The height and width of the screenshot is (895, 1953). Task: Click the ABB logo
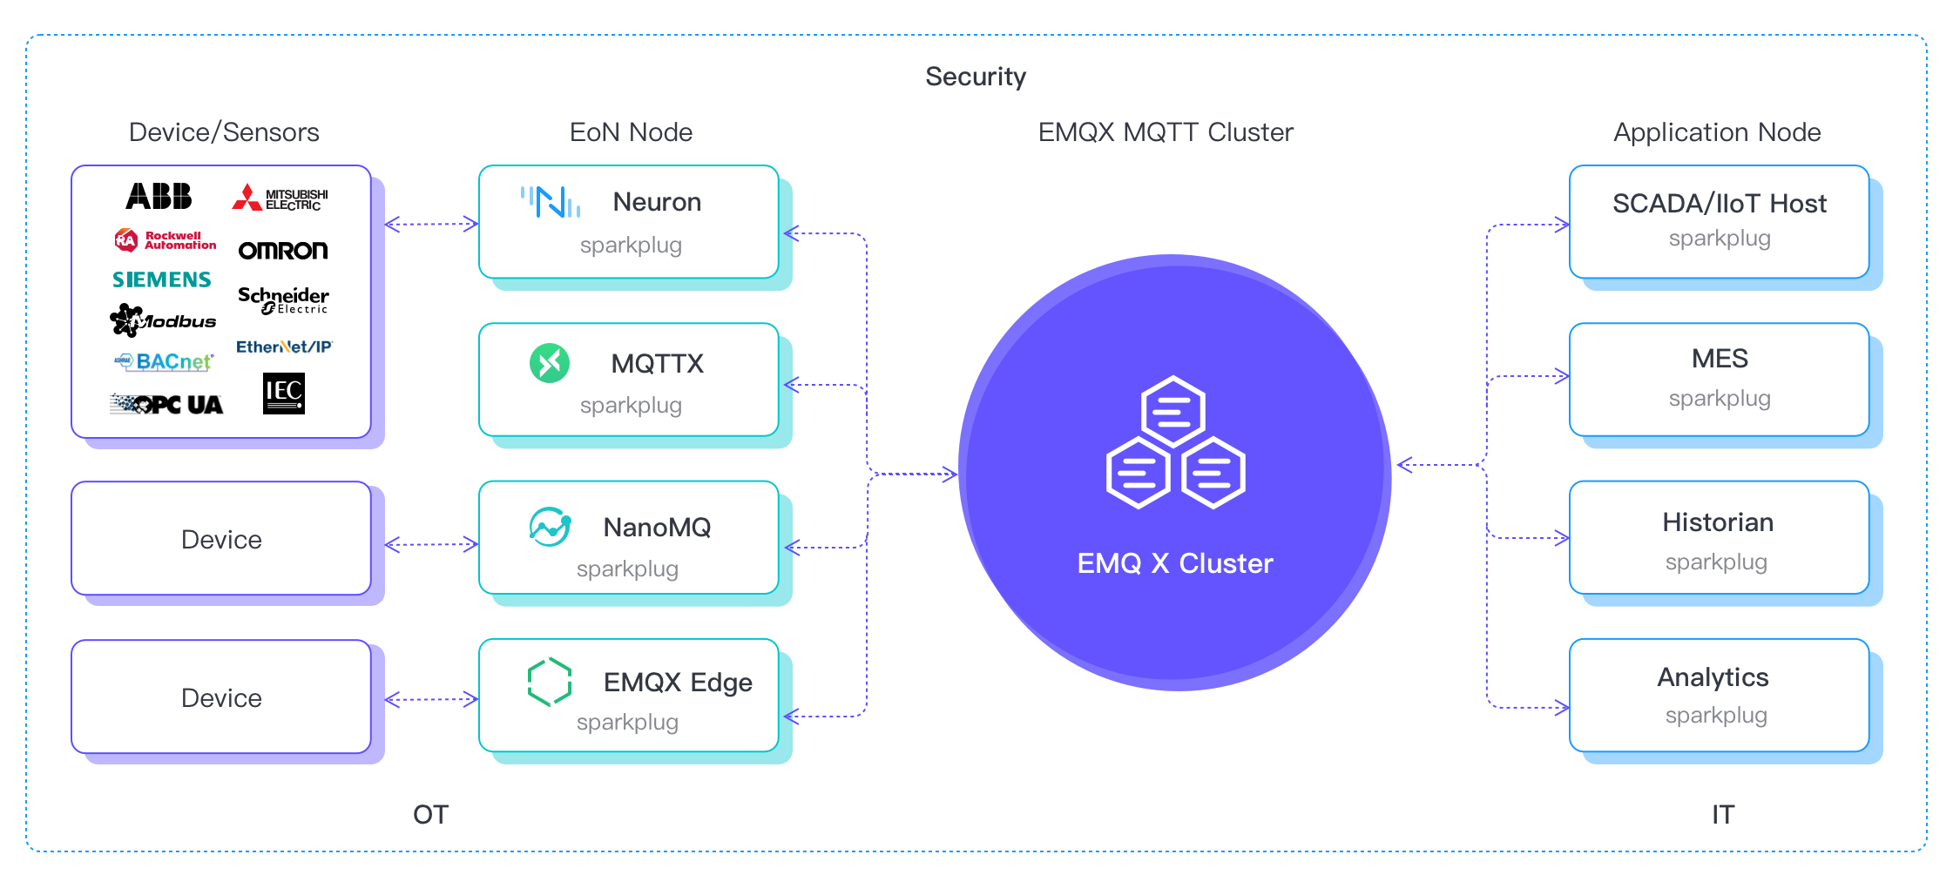pyautogui.click(x=159, y=196)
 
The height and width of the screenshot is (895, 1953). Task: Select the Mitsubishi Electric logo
pyautogui.click(x=280, y=199)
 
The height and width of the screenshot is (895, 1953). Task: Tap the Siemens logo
pyautogui.click(x=161, y=279)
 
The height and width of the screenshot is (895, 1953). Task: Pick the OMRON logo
pyautogui.click(x=283, y=251)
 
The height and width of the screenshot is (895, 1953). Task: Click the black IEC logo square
pyautogui.click(x=284, y=394)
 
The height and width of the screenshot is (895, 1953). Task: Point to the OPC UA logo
pyautogui.click(x=166, y=405)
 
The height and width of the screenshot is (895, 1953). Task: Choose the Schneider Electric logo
pyautogui.click(x=283, y=299)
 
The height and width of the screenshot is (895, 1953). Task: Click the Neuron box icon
pyautogui.click(x=550, y=202)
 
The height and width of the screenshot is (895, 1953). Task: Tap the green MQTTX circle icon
pyautogui.click(x=550, y=363)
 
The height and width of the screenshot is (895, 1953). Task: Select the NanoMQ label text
pyautogui.click(x=657, y=528)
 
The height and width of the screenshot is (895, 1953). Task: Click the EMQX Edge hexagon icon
pyautogui.click(x=550, y=682)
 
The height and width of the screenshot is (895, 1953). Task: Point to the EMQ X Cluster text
pyautogui.click(x=1174, y=563)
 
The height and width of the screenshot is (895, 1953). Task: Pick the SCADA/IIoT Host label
pyautogui.click(x=1719, y=204)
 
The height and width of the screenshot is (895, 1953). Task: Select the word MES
pyautogui.click(x=1720, y=359)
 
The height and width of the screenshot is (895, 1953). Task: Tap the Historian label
pyautogui.click(x=1717, y=522)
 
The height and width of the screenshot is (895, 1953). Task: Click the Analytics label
pyautogui.click(x=1713, y=677)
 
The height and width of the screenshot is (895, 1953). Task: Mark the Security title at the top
pyautogui.click(x=976, y=77)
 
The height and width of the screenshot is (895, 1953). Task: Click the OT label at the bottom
pyautogui.click(x=430, y=815)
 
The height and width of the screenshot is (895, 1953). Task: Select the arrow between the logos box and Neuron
pyautogui.click(x=431, y=225)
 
